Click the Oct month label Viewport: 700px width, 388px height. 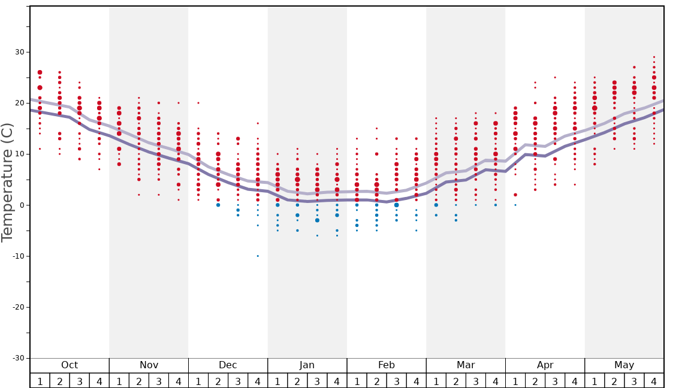point(70,365)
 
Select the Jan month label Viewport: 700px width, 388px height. point(307,365)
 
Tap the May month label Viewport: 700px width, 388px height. point(624,365)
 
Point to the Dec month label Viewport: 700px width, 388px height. point(228,365)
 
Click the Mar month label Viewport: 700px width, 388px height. point(466,365)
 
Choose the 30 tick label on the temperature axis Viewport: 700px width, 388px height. point(20,52)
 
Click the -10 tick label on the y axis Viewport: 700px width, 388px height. point(18,256)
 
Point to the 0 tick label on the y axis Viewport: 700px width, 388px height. point(22,205)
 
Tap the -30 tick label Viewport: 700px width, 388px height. point(18,358)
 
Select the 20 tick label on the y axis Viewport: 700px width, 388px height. point(20,103)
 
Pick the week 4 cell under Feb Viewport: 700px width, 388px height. point(416,381)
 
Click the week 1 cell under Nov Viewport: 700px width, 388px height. point(119,381)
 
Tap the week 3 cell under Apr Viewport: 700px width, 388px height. point(555,381)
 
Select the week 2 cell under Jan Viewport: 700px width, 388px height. point(297,381)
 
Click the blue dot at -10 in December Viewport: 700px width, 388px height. point(258,256)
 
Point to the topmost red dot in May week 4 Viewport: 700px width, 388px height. point(654,57)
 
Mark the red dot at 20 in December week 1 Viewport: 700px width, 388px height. point(198,103)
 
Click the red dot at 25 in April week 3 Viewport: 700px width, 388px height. point(555,77)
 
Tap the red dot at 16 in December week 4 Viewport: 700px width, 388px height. point(258,123)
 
